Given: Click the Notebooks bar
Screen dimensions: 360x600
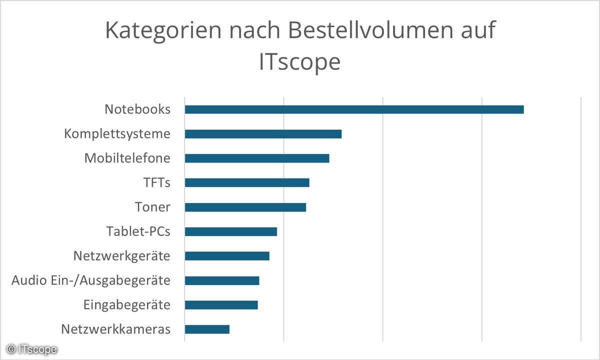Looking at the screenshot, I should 354,109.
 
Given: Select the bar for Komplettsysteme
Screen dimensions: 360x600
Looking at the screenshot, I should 263,134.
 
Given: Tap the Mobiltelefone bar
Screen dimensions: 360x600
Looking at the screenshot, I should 257,158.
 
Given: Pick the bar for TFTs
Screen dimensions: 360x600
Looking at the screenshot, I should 247,182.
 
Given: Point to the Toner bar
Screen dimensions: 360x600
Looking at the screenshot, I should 245,207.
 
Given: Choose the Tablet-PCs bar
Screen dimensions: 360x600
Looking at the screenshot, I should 230,231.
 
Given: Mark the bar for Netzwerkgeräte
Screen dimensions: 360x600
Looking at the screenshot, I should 227,256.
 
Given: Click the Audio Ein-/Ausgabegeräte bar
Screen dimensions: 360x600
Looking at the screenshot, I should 222,280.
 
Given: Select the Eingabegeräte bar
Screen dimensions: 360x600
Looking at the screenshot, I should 221,305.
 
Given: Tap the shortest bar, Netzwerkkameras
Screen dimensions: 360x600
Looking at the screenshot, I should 207,329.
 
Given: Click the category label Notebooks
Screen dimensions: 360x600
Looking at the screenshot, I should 137,109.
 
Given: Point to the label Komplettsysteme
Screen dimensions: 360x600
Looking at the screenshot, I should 117,134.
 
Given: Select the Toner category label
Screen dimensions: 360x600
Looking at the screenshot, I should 152,207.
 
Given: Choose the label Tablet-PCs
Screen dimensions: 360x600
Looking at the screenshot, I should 138,231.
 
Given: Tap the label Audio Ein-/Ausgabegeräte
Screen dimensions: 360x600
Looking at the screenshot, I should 91,280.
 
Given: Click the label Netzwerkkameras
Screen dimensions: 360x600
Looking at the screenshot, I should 115,329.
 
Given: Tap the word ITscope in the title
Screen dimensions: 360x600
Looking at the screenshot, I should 299,62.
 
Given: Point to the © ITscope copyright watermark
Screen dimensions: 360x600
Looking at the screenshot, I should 31,348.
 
